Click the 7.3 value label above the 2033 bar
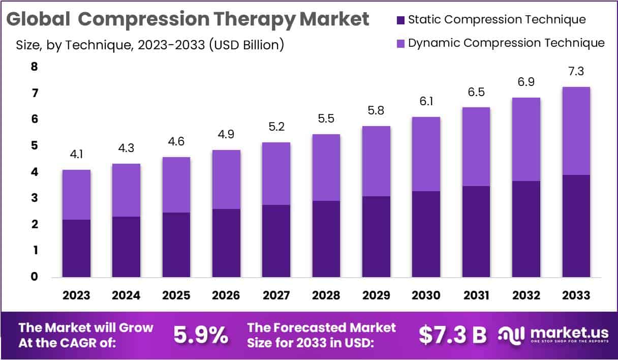[x=576, y=72]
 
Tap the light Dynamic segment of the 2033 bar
[x=576, y=131]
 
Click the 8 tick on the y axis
[x=34, y=67]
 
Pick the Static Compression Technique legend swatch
[x=400, y=20]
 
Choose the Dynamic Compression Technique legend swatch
[x=400, y=43]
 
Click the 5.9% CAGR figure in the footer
[x=201, y=335]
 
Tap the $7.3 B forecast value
[x=452, y=335]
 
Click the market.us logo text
[x=569, y=333]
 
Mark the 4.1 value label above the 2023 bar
[x=76, y=155]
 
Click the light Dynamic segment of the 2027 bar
[x=276, y=173]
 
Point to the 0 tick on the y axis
[x=34, y=277]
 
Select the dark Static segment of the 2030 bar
[x=426, y=234]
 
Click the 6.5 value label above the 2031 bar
[x=476, y=93]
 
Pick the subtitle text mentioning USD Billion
[x=150, y=45]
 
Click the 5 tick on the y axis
[x=34, y=146]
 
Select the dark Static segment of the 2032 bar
[x=526, y=229]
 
